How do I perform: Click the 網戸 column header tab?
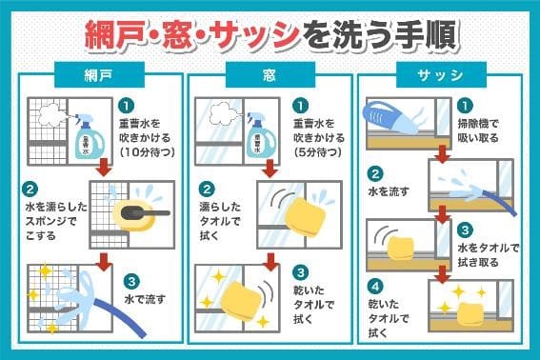[x=99, y=74]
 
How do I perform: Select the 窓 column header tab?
[x=270, y=74]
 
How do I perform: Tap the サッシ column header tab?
[x=441, y=74]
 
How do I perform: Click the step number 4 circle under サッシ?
[x=375, y=287]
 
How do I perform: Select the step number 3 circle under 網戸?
[x=131, y=282]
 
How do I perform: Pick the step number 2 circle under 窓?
[x=207, y=190]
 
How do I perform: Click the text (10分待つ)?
[x=148, y=152]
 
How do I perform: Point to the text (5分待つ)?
[x=318, y=152]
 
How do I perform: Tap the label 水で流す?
[x=145, y=299]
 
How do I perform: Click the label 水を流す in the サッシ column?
[x=389, y=191]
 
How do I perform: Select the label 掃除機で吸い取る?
[x=478, y=130]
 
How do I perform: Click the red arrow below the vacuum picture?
[x=443, y=154]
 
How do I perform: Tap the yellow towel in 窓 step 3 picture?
[x=242, y=300]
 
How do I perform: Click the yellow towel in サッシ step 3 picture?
[x=401, y=248]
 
